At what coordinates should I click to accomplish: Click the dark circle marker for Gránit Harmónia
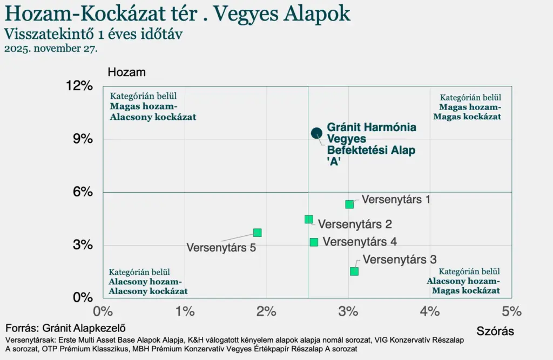click(316, 133)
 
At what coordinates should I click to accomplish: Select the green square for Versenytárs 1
click(349, 204)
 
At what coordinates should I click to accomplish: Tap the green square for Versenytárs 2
click(308, 219)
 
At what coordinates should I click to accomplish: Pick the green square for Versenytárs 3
click(354, 271)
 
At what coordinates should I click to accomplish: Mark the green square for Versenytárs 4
click(314, 242)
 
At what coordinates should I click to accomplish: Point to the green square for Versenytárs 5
click(257, 233)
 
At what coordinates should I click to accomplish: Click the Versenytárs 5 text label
click(221, 248)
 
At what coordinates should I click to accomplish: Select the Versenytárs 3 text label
click(400, 260)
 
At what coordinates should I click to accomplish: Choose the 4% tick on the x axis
click(430, 311)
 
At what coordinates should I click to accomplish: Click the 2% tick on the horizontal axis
click(266, 311)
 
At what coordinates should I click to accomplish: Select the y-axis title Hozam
click(127, 72)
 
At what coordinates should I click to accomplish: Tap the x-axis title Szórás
click(495, 331)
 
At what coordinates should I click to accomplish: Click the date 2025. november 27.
click(51, 49)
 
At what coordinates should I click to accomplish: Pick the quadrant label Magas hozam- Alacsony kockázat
click(153, 112)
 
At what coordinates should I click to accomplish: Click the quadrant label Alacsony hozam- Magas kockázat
click(463, 286)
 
